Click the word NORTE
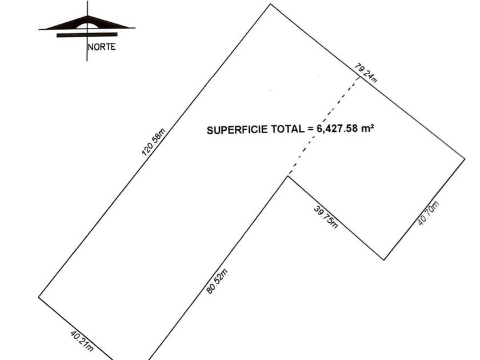coord(102,47)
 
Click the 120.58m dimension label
coord(153,143)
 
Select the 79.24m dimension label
coord(366,73)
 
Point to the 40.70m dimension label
coord(428,213)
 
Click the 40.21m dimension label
coord(82,341)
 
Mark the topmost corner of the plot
coord(270,5)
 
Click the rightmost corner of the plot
coord(464,157)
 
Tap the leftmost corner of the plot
coord(39,297)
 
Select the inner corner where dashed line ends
coord(288,176)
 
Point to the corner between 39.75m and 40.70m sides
coord(384,259)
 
